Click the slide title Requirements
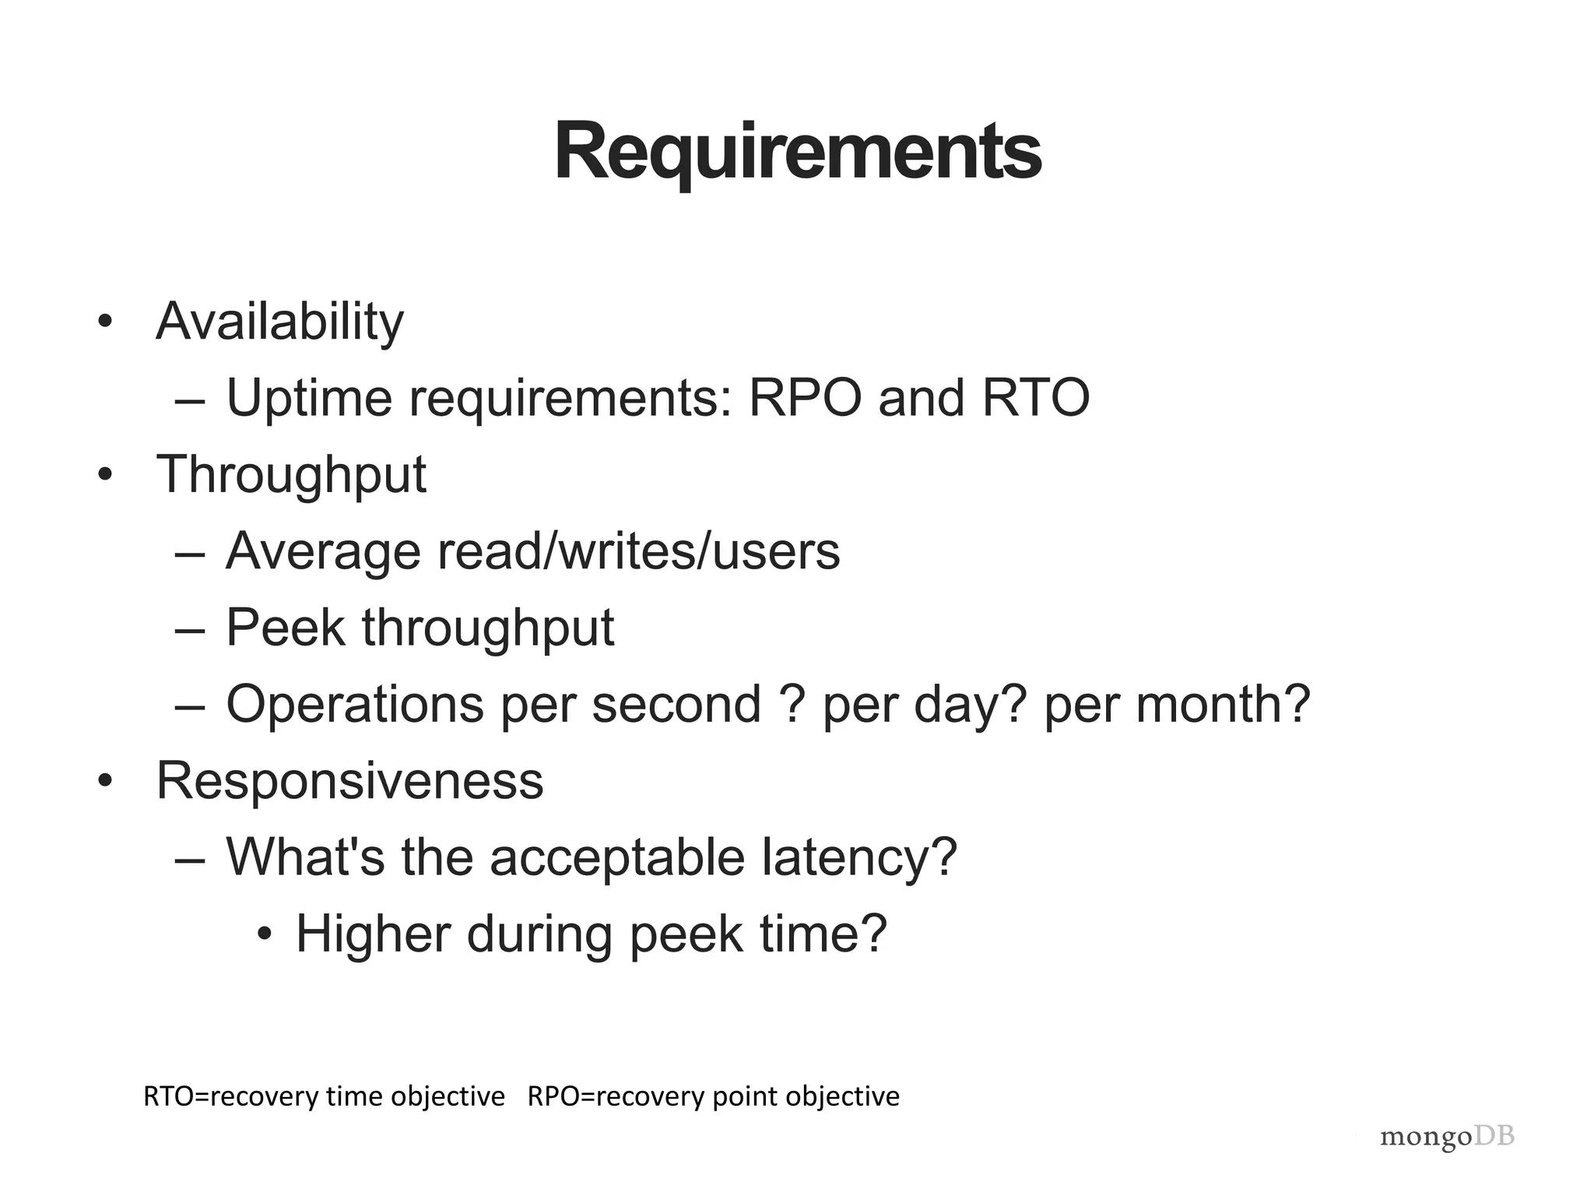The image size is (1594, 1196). pyautogui.click(x=797, y=152)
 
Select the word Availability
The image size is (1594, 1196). pyautogui.click(x=279, y=322)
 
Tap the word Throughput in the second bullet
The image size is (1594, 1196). pyautogui.click(x=291, y=475)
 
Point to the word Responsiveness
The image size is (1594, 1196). pyautogui.click(x=349, y=781)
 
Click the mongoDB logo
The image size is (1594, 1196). pyautogui.click(x=1447, y=1138)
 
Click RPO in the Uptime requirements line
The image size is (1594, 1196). pyautogui.click(x=805, y=398)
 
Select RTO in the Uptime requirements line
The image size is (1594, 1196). pyautogui.click(x=1035, y=398)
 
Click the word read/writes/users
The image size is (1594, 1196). pyautogui.click(x=638, y=551)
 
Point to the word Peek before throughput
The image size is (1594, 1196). pyautogui.click(x=285, y=628)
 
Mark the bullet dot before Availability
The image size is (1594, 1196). pyautogui.click(x=105, y=322)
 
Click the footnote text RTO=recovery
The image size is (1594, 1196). pyautogui.click(x=226, y=1096)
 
